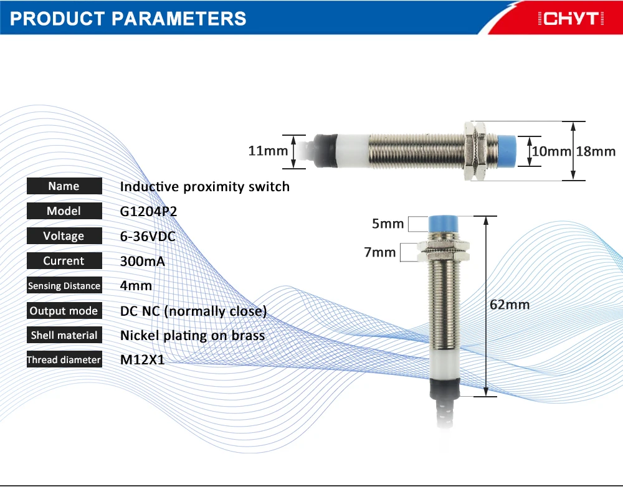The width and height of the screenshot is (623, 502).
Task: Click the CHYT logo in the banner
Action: [571, 18]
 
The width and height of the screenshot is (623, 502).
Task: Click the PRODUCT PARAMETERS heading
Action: [128, 19]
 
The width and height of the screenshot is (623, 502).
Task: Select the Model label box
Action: [64, 211]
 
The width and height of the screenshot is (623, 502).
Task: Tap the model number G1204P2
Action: [148, 211]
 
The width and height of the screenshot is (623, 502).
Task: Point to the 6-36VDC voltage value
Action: [148, 236]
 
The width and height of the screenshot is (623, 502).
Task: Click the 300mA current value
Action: [142, 261]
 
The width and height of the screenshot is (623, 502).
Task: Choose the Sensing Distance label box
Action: [64, 285]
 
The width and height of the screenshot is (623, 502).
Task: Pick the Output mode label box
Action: [64, 311]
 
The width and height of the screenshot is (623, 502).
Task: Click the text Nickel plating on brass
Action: [193, 336]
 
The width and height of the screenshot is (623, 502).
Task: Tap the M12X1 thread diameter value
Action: [142, 360]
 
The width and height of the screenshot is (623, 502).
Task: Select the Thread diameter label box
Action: [64, 359]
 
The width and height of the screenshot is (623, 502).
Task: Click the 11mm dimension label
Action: [268, 151]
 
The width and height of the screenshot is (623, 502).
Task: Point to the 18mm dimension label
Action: [596, 151]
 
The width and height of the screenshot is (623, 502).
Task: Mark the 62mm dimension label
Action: [510, 305]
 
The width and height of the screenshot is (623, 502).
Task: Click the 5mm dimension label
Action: [388, 224]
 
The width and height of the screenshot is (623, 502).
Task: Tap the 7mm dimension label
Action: [380, 252]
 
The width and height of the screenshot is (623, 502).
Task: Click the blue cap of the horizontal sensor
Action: [507, 151]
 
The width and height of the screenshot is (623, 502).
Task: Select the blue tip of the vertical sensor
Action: [444, 224]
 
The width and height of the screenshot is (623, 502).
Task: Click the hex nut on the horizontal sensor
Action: [475, 151]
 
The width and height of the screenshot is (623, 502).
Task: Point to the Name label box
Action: [64, 186]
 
